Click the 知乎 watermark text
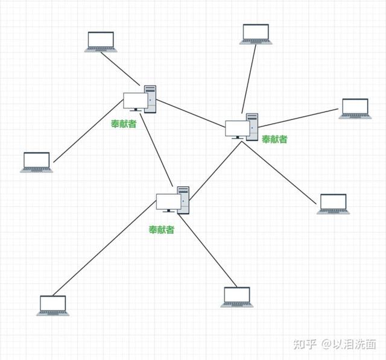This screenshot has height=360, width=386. [305, 344]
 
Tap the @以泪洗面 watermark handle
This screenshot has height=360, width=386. [349, 344]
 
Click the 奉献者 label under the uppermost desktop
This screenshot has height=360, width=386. [124, 124]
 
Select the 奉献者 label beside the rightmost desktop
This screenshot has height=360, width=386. [274, 139]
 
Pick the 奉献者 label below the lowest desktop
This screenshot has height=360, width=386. [162, 230]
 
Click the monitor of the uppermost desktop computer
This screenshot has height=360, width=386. [135, 102]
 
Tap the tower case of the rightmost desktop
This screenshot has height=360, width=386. [252, 127]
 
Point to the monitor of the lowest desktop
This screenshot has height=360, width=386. [169, 203]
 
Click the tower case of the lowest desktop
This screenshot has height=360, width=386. [183, 200]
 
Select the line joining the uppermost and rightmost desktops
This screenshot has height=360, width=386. [191, 113]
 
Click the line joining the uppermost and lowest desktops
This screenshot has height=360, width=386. [156, 150]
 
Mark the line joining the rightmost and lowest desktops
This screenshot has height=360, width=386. [216, 171]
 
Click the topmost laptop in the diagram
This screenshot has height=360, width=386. [256, 34]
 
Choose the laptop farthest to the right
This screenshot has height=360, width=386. [355, 109]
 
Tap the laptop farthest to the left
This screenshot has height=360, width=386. [36, 162]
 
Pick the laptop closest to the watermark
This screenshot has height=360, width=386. [333, 204]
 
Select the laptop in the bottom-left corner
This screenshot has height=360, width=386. [53, 306]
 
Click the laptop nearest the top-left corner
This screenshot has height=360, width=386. [101, 42]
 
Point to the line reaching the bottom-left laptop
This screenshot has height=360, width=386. [104, 248]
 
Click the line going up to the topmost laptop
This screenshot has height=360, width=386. [249, 79]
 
